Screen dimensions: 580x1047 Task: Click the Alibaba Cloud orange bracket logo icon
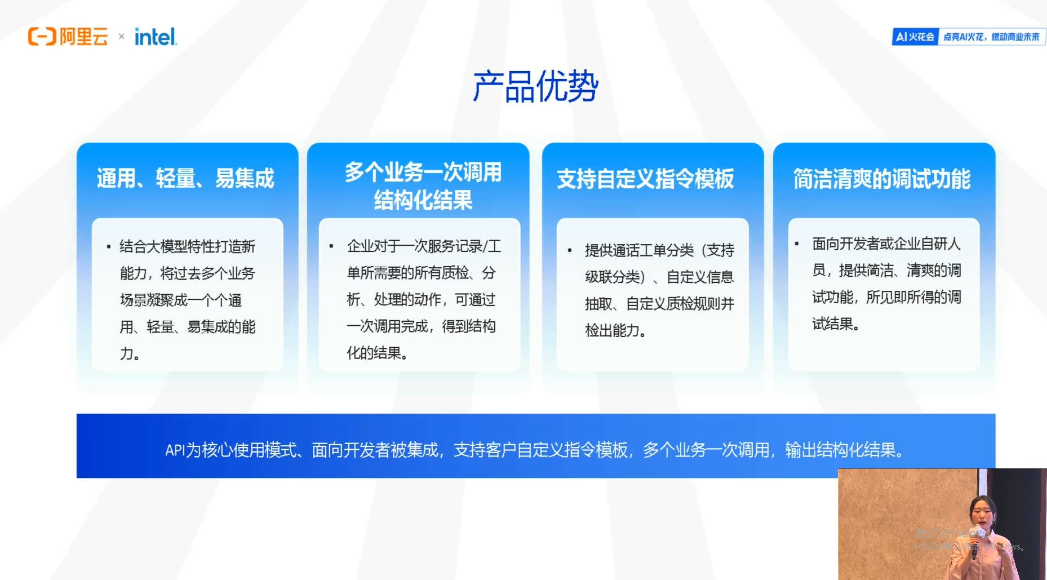tap(42, 37)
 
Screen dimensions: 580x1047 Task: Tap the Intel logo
tap(156, 37)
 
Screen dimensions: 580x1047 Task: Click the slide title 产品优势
tap(535, 87)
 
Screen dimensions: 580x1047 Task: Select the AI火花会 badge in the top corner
tap(915, 37)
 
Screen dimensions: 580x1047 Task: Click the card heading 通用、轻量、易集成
tap(185, 178)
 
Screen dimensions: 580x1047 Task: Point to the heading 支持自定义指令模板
tap(645, 179)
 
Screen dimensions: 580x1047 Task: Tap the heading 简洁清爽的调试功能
tap(882, 179)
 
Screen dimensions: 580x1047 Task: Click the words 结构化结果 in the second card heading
tap(423, 200)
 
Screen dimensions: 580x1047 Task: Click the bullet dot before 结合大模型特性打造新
tap(108, 247)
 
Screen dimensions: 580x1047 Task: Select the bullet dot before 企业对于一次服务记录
tap(331, 246)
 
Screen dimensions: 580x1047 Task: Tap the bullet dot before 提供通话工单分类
tap(570, 250)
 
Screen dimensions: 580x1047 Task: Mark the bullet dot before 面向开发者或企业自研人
tap(797, 243)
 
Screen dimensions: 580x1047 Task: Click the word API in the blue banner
tap(175, 450)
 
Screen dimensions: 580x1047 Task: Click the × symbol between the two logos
tap(121, 37)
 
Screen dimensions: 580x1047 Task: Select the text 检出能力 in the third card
tap(613, 330)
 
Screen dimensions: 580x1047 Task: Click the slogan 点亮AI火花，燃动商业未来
tap(991, 37)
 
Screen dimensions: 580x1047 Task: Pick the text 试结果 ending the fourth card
tap(832, 324)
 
